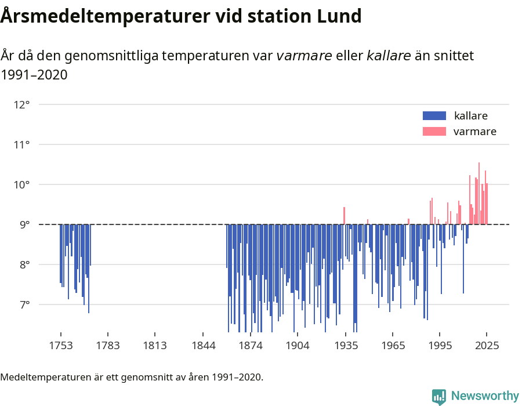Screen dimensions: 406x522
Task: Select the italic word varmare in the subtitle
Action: (304, 56)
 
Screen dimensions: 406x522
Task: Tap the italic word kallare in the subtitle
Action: (389, 56)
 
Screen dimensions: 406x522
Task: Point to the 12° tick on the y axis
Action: (22, 105)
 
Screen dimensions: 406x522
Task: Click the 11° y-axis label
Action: (22, 145)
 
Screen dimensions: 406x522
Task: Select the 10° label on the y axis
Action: (22, 185)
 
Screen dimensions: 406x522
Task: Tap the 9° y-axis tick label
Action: (24, 225)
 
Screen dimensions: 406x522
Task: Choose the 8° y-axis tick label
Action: (24, 265)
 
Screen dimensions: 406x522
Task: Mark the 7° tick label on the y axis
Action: (24, 305)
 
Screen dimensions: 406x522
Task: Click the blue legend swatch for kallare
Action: (434, 115)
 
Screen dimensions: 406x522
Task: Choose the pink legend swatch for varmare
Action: (434, 132)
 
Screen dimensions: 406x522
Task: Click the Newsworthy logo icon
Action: (439, 396)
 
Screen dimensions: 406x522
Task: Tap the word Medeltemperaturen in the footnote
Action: (42, 378)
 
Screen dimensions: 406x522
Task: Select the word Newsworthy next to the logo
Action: (485, 396)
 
